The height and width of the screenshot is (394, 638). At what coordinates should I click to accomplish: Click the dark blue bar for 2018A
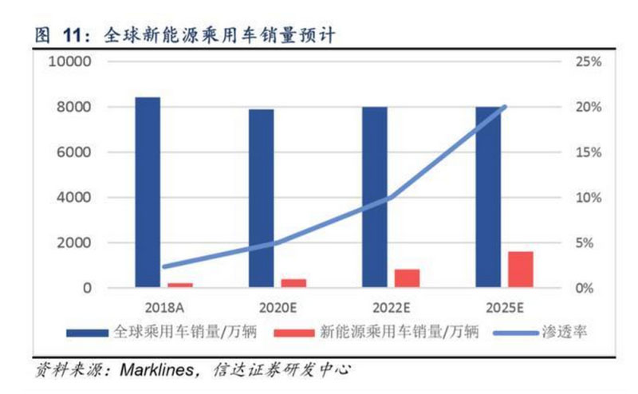[x=148, y=191]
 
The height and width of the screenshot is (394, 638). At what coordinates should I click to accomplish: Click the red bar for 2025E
[x=520, y=270]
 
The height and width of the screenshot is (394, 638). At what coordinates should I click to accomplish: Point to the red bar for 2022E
[x=407, y=278]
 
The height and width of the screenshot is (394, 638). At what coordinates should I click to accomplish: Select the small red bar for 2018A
[x=179, y=285]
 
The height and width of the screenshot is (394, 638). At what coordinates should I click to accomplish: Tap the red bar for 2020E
[x=293, y=283]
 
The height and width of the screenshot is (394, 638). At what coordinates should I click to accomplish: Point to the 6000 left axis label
[x=75, y=152]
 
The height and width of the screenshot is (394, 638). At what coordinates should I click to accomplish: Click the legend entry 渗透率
[x=562, y=331]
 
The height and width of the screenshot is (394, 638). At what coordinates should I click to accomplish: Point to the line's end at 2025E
[x=504, y=107]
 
